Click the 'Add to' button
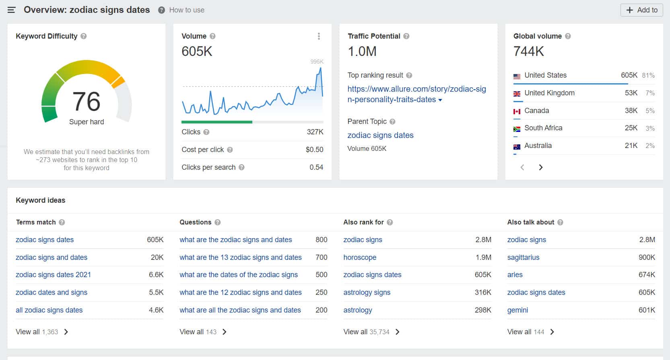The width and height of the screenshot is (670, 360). [x=641, y=10]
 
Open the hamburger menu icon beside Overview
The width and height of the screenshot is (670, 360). [x=11, y=10]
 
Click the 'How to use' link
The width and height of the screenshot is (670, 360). [x=186, y=10]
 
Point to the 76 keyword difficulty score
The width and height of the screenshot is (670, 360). [x=87, y=101]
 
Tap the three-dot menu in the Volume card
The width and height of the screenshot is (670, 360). [x=319, y=36]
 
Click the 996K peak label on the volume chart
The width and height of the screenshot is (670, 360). [x=317, y=62]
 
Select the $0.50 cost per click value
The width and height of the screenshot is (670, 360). [x=314, y=150]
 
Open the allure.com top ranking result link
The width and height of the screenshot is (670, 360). [x=416, y=94]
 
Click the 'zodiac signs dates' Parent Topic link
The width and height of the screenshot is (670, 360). [x=380, y=135]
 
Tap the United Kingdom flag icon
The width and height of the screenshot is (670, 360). [x=517, y=93]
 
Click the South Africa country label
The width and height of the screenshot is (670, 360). [x=543, y=128]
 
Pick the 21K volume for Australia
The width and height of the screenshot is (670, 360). [x=631, y=146]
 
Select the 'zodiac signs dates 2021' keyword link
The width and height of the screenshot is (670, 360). [x=53, y=275]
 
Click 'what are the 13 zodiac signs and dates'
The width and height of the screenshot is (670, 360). [x=240, y=257]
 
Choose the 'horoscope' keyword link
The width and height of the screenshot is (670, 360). [x=360, y=257]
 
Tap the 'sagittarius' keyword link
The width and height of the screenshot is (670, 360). [x=523, y=257]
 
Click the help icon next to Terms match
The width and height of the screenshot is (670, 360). [x=62, y=222]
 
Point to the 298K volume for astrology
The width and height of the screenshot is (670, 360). [x=483, y=310]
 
